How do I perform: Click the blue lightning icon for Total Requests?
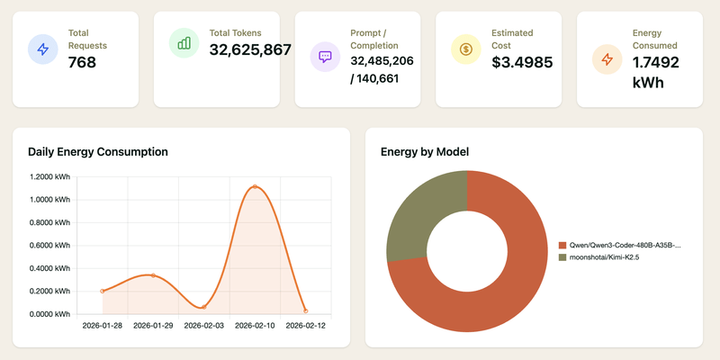tap(43, 49)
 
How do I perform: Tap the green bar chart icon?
tap(184, 42)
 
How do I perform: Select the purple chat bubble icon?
tap(325, 56)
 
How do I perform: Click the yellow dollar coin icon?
tap(465, 49)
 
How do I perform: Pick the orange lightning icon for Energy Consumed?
tap(607, 59)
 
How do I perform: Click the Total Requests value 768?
tap(82, 62)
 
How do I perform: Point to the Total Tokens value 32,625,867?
tap(250, 50)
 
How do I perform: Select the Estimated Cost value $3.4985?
tap(522, 62)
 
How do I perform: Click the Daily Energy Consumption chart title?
tap(97, 152)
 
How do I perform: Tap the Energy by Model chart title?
tap(425, 152)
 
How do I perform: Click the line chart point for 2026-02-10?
tap(255, 187)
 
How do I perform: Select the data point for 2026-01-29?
tap(153, 275)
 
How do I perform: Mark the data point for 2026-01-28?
tap(103, 291)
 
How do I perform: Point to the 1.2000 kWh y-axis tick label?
tap(50, 176)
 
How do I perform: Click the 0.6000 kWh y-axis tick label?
tap(50, 246)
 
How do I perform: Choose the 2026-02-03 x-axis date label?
tap(204, 325)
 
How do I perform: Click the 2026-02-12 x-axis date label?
tap(306, 325)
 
